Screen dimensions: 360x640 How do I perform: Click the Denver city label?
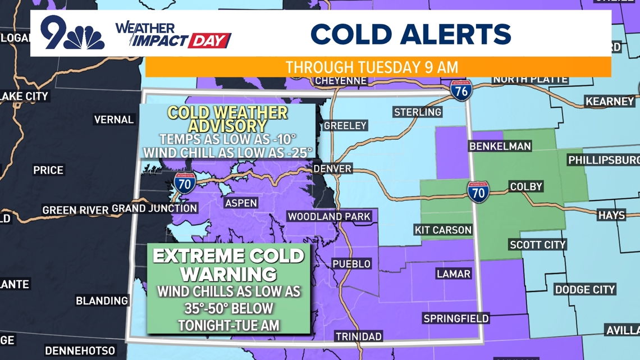(x=332, y=168)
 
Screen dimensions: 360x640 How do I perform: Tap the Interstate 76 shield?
(x=461, y=90)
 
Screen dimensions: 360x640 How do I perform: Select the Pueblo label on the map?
(x=351, y=263)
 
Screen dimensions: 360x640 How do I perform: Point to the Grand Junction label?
(x=154, y=208)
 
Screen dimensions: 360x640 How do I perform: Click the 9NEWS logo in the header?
(x=72, y=34)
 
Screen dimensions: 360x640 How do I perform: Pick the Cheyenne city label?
(x=341, y=81)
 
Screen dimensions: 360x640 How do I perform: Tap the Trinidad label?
(x=359, y=336)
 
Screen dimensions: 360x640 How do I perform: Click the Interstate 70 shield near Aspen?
(x=185, y=183)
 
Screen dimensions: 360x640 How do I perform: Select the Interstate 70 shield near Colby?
(x=478, y=192)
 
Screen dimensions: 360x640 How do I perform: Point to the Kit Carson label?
(x=443, y=230)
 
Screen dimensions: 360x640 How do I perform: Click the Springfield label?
(x=456, y=318)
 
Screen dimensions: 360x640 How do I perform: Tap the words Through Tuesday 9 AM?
(x=372, y=67)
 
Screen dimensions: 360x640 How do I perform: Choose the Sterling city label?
(x=417, y=112)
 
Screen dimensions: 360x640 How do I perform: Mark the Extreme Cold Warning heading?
(x=228, y=265)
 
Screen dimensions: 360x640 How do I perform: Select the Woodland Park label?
(x=329, y=216)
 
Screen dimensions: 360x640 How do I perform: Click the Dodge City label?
(x=585, y=289)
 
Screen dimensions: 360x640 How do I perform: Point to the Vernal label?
(x=114, y=120)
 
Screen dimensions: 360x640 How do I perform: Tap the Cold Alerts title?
(x=410, y=34)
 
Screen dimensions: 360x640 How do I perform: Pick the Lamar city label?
(x=453, y=274)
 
